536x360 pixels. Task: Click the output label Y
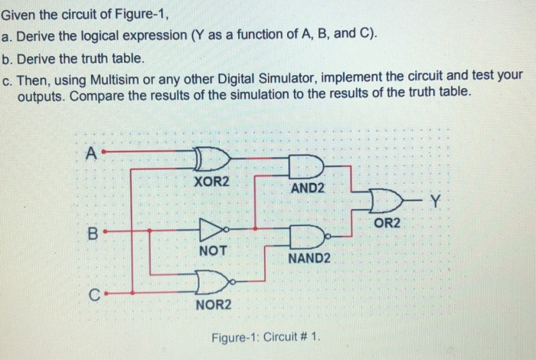click(436, 202)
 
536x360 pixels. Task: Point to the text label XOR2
click(212, 183)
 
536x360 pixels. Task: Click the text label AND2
click(308, 188)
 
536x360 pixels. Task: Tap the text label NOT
click(212, 250)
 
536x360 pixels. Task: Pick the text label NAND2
click(309, 259)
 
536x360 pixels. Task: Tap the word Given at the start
click(19, 13)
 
